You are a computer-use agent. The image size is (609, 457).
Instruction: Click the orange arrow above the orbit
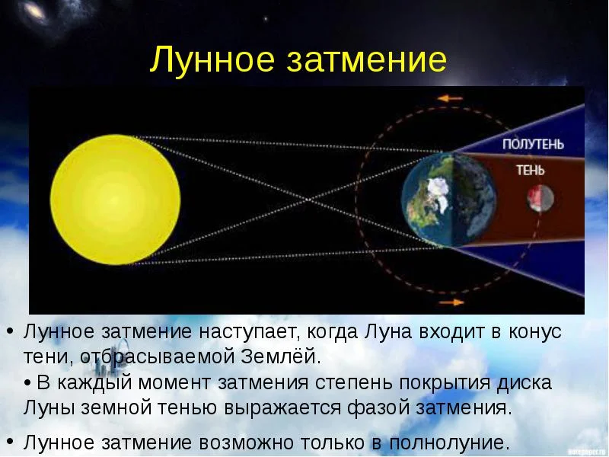[451, 98]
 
